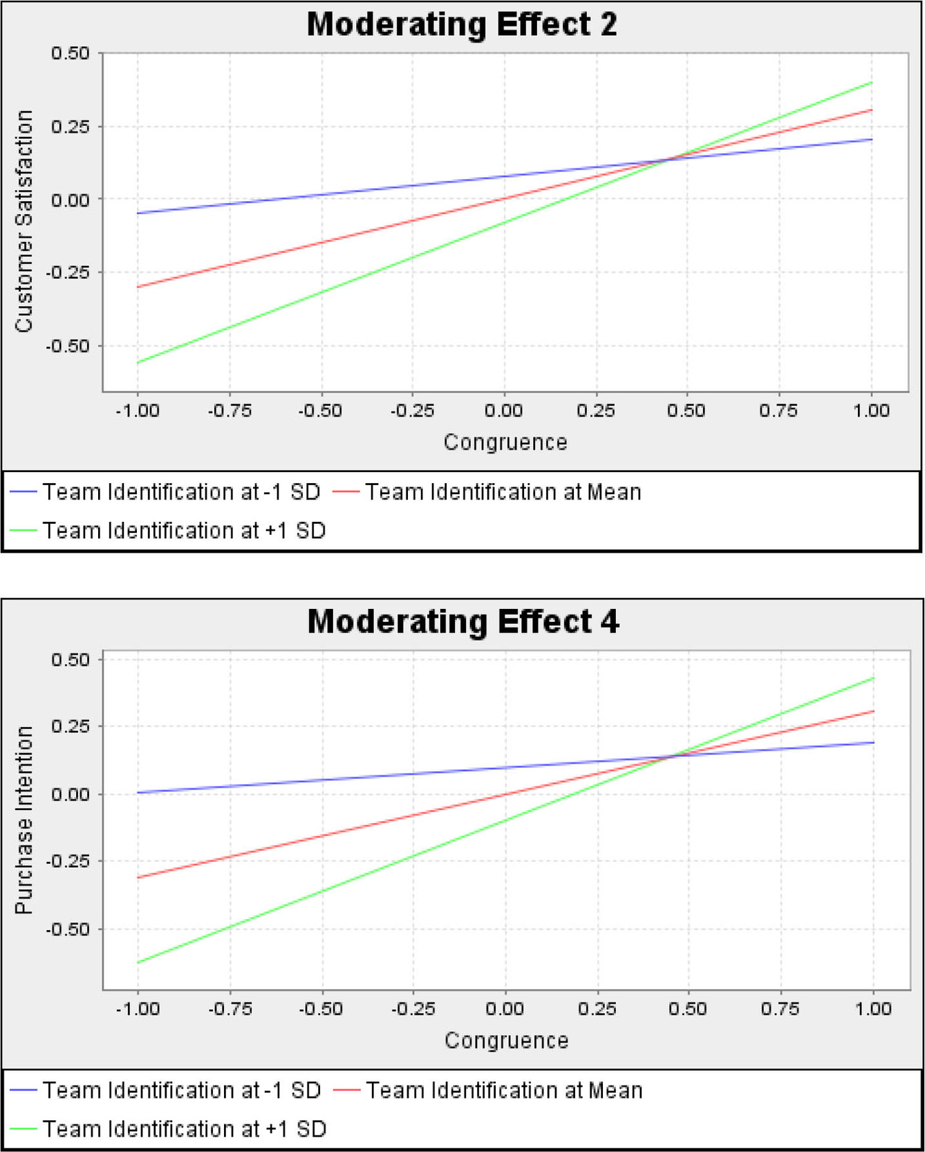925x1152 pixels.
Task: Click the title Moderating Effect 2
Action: click(x=462, y=24)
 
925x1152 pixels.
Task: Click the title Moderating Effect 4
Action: click(x=463, y=621)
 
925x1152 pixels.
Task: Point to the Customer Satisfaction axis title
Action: click(x=24, y=221)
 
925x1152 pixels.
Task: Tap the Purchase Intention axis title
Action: click(x=24, y=820)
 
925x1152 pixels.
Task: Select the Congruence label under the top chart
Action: click(x=505, y=442)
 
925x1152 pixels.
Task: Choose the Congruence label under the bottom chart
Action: click(x=506, y=1041)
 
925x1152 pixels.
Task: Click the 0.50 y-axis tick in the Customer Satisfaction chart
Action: click(x=71, y=53)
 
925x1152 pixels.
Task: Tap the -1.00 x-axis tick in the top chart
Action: click(x=137, y=411)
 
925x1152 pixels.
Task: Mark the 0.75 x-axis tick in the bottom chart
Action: click(x=780, y=1009)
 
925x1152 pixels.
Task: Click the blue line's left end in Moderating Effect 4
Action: click(x=138, y=793)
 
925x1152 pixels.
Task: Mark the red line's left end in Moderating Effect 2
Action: click(x=138, y=287)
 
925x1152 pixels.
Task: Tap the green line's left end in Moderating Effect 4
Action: click(x=138, y=963)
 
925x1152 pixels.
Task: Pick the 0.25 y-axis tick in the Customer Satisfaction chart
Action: click(x=71, y=126)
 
